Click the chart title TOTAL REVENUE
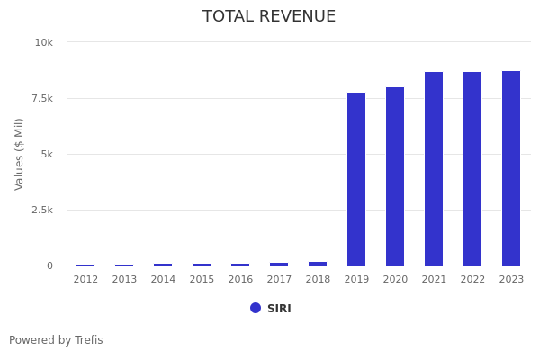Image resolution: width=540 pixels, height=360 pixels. coord(269,17)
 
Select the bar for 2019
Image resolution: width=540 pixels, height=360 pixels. coord(356,179)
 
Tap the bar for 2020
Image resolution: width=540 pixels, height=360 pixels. coord(395,176)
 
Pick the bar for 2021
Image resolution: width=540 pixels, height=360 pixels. coord(434,169)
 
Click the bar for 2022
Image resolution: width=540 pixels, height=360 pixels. coord(472,169)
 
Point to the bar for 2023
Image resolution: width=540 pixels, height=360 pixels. coord(511,168)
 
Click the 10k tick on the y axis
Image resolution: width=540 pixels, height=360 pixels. coord(43,42)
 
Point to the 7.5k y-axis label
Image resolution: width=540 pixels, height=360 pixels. coord(41,98)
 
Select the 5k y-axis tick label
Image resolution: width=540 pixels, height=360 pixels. coord(47,154)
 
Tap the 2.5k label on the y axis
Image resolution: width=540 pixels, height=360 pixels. coord(41,210)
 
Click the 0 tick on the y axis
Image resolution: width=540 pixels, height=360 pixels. coord(49,265)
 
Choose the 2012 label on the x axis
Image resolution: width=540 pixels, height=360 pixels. coord(85,280)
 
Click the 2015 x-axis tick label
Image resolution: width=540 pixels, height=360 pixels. coord(202,280)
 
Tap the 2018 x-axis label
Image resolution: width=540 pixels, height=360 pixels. coord(318,280)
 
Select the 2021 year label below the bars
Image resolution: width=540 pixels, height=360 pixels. coord(434,280)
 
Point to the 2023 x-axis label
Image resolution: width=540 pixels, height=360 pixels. coord(511,280)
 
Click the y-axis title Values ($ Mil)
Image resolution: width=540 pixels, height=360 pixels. coord(20,154)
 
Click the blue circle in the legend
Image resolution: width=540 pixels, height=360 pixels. coord(256,308)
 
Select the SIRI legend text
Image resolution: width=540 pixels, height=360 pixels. coord(279,309)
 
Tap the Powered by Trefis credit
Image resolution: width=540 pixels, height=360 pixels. coord(56,340)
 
